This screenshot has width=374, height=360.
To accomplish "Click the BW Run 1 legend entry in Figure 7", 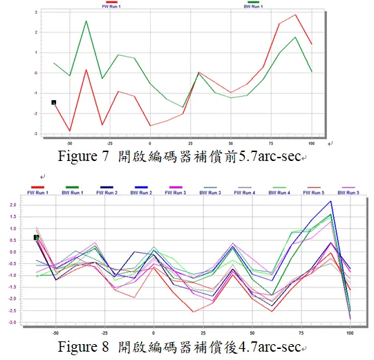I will pyautogui.click(x=254, y=6).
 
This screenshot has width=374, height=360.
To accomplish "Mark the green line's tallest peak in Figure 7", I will pyautogui.click(x=86, y=21).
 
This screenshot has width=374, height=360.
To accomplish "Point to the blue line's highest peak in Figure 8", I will pyautogui.click(x=330, y=201).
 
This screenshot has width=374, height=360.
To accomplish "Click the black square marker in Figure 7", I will pyautogui.click(x=54, y=102).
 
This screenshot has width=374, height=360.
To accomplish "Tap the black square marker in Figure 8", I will pyautogui.click(x=37, y=238).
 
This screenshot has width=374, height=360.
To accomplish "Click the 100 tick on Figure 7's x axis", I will pyautogui.click(x=312, y=142).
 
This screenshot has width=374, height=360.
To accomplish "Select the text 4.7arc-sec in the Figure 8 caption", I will pyautogui.click(x=269, y=347).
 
